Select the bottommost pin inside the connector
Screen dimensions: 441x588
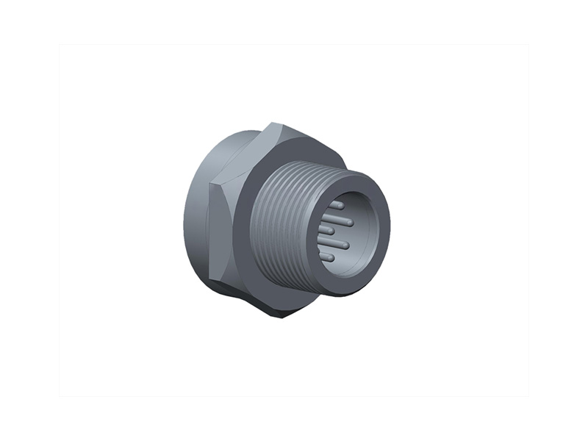(x=327, y=257)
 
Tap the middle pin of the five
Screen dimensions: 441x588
(x=326, y=230)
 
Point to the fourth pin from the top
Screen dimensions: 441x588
(x=335, y=243)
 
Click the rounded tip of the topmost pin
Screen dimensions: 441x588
(x=342, y=207)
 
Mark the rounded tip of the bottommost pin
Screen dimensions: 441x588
(x=332, y=257)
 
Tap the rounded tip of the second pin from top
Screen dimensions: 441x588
(x=351, y=221)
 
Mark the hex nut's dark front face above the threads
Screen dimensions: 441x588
(x=294, y=151)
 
